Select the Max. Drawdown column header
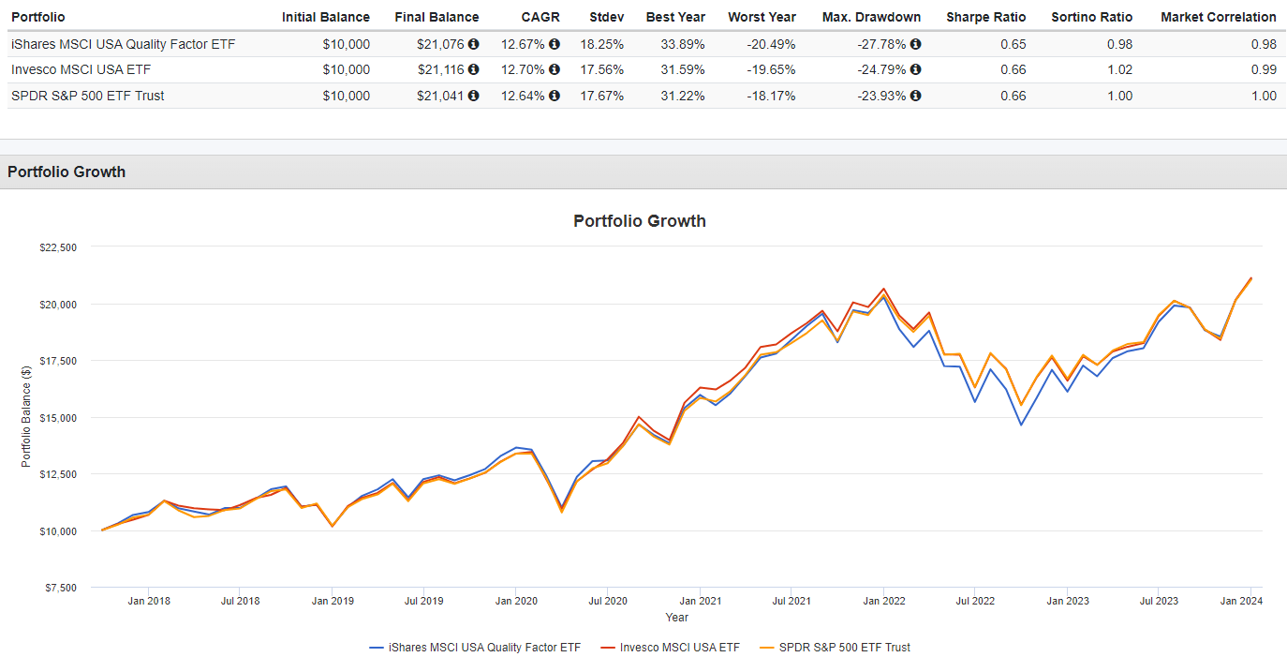871,17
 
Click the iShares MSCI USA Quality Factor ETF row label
123,44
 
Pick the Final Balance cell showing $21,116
440,69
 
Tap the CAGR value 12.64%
523,96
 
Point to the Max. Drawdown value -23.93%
881,96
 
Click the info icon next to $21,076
473,44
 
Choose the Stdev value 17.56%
603,69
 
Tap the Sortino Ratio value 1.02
1118,69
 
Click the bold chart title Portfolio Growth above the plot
640,221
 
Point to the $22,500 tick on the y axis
58,247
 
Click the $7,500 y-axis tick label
61,588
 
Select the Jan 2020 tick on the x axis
516,601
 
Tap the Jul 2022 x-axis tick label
975,601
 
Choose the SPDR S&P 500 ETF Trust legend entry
844,647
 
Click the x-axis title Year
676,617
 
